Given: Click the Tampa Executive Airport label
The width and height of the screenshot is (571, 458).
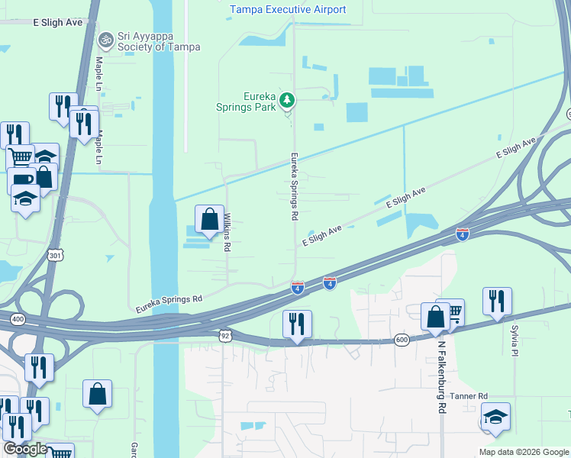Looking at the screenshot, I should click(x=288, y=10).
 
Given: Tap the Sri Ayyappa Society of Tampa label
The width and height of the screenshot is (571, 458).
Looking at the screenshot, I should click(x=159, y=41).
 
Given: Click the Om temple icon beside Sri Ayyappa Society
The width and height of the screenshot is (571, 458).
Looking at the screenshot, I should click(x=105, y=38).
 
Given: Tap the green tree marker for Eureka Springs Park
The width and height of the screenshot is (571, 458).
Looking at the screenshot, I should click(x=287, y=99).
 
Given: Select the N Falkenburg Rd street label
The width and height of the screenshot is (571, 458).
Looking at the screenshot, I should click(x=441, y=376).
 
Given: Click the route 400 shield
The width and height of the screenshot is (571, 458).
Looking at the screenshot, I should click(x=17, y=318).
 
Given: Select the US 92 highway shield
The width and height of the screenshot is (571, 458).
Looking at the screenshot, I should click(x=224, y=335).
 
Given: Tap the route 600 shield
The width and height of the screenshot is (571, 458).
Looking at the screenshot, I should click(x=402, y=339).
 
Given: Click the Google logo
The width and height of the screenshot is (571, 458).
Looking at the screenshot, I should click(x=25, y=449).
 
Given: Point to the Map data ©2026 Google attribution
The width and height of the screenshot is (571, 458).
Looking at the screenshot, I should click(x=524, y=452).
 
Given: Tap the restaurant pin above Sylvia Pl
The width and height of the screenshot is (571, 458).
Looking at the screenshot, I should click(x=497, y=302).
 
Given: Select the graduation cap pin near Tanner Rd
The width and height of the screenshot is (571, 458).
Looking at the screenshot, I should click(x=495, y=417).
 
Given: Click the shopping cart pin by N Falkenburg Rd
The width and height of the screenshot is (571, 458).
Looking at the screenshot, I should click(x=453, y=311).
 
